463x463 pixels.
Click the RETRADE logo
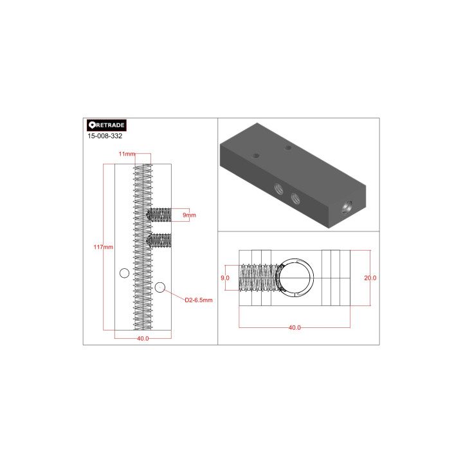point(106,125)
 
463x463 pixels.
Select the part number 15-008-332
point(105,136)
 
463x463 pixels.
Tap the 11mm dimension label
point(127,154)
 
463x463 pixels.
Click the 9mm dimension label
point(189,214)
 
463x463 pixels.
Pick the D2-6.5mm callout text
point(198,300)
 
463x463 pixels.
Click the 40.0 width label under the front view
point(142,338)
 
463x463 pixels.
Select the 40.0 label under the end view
point(294,327)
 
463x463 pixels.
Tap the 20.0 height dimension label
point(370,278)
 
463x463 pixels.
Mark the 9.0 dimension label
point(226,278)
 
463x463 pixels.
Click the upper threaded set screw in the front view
point(159,214)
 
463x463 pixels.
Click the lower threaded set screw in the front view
point(159,241)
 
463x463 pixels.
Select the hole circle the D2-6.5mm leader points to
point(160,286)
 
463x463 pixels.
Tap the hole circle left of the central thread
point(124,274)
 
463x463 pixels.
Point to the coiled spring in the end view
point(257,278)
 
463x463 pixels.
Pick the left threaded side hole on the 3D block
point(278,188)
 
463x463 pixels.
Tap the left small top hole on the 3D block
point(256,156)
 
